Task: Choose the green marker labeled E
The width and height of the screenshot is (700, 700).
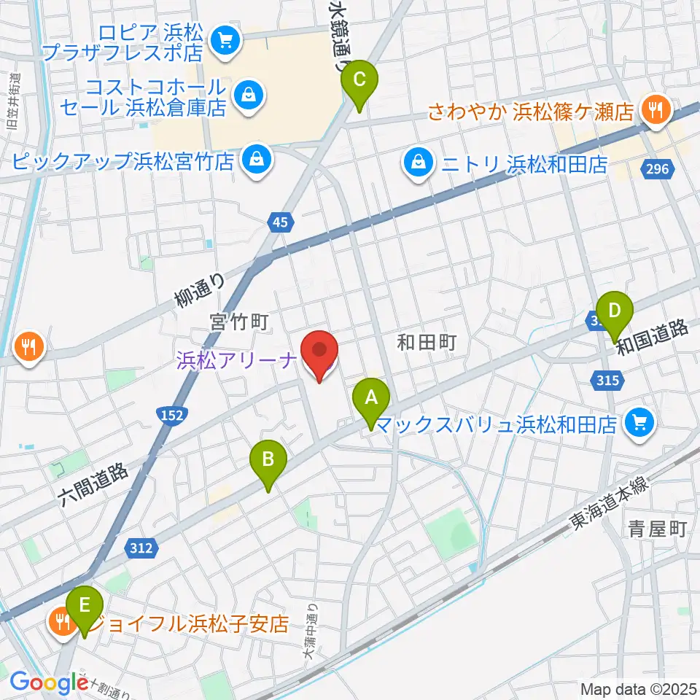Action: [x=85, y=605]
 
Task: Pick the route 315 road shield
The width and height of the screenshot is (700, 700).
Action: [x=607, y=380]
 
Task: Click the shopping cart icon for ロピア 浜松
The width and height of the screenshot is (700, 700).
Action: [x=223, y=40]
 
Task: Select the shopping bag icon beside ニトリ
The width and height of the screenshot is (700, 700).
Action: [x=419, y=163]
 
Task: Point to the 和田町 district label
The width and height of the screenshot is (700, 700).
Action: [x=427, y=341]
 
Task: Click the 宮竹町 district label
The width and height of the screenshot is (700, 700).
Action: [x=241, y=322]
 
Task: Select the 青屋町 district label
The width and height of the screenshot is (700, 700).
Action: [x=658, y=529]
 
